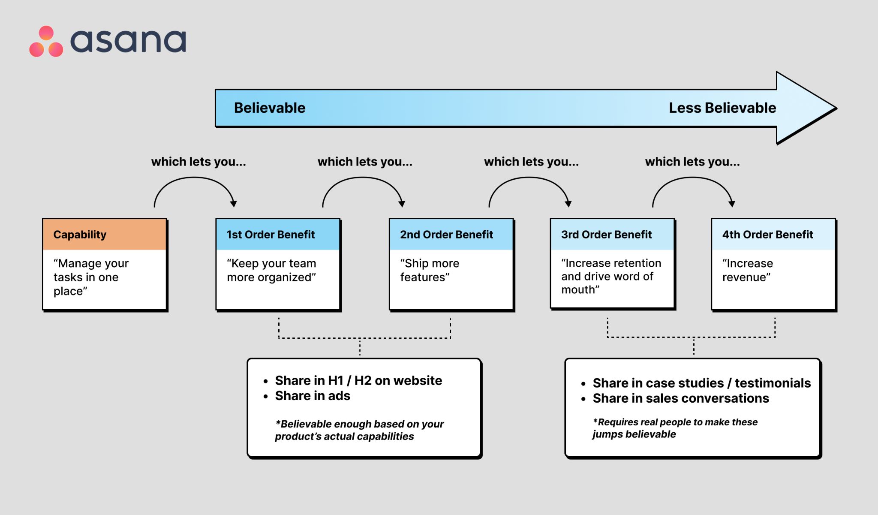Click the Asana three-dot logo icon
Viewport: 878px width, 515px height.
coord(46,42)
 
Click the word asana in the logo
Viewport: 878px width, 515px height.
coord(128,41)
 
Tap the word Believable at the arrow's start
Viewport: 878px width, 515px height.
coord(269,108)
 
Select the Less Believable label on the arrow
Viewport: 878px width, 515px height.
coord(722,108)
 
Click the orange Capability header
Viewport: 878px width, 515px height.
coord(105,235)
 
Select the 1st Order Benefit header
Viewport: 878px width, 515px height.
coord(278,235)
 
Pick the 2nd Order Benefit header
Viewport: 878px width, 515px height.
coord(451,235)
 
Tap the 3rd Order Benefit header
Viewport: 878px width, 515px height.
coord(612,235)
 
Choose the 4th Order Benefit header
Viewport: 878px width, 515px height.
coord(773,235)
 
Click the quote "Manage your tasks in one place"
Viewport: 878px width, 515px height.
coord(91,277)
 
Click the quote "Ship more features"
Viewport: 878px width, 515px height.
coord(429,270)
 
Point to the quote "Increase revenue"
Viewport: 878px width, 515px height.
coord(747,270)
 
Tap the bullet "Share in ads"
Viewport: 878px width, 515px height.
coord(312,396)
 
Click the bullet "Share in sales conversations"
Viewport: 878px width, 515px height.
coord(680,398)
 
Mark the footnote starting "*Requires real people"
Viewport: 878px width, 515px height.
coord(675,428)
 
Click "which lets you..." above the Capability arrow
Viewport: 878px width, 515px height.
coord(198,162)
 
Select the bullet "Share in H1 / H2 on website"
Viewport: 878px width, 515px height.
coord(358,380)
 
